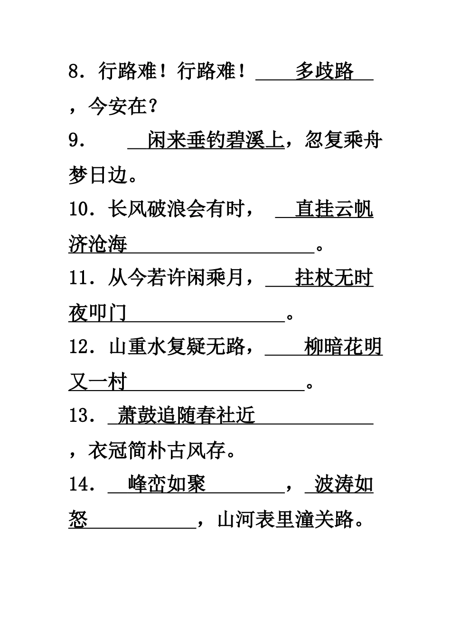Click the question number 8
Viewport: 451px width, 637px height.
(x=75, y=72)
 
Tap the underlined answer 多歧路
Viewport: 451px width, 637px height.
(x=325, y=72)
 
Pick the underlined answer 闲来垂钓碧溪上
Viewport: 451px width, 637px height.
(x=216, y=141)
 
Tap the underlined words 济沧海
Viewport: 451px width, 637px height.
(x=98, y=245)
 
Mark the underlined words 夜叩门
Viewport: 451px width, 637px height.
(x=98, y=313)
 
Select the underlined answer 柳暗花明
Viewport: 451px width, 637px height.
(x=343, y=347)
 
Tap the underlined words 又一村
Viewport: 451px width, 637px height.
(x=98, y=382)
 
